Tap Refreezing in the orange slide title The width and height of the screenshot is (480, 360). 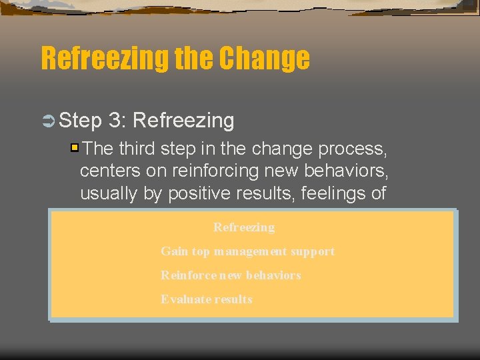105,58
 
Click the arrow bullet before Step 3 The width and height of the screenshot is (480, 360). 49,121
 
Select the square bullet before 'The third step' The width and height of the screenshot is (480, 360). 75,147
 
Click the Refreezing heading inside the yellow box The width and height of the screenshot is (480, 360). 244,227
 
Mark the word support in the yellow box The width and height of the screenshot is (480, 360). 313,252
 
